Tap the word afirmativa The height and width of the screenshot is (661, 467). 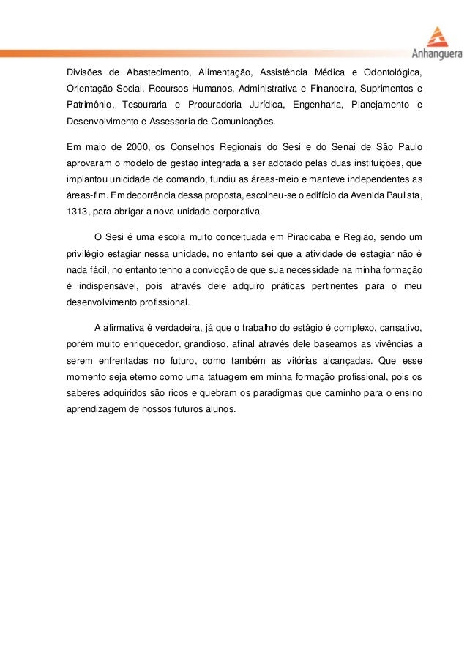tap(129, 326)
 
